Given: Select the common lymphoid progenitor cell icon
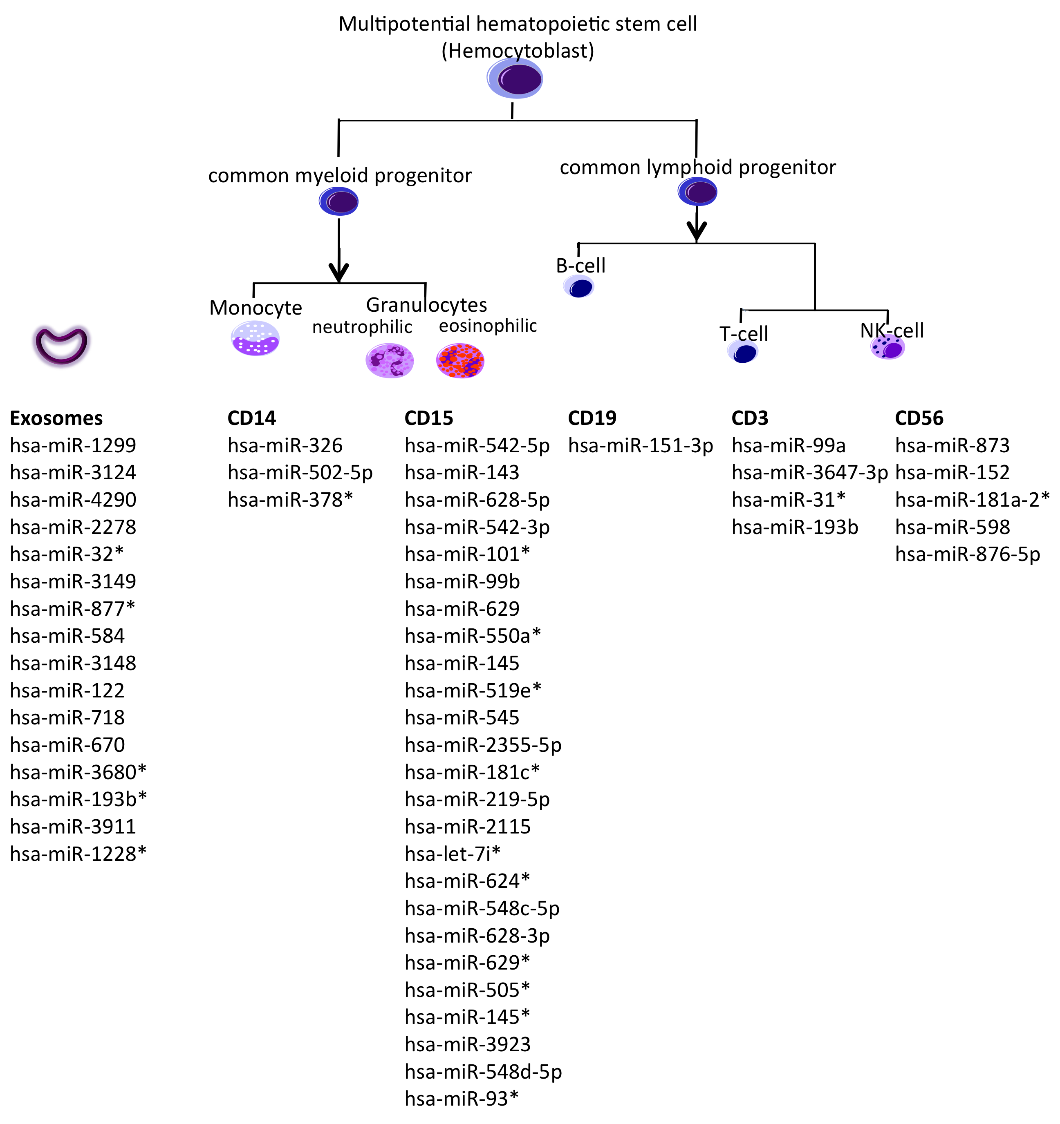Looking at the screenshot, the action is pos(697,192).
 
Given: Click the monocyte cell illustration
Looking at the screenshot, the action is pos(255,338).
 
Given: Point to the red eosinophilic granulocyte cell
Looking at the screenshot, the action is pos(460,361).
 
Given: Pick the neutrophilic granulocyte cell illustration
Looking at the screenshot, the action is pos(390,361).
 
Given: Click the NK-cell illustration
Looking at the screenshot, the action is pos(887,348).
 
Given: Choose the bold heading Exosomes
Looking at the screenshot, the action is pos(56,418).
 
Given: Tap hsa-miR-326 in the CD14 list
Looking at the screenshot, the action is pos(285,445).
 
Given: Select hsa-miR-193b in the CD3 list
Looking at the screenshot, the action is pos(795,527).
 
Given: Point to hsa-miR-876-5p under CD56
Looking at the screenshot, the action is pos(967,555).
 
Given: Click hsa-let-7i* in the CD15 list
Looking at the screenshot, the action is pos(453,854).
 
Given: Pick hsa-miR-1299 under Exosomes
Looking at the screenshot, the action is pos(73,445).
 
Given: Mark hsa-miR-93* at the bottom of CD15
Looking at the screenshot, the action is pos(461,1099).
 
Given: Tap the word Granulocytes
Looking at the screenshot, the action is pos(426,305).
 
